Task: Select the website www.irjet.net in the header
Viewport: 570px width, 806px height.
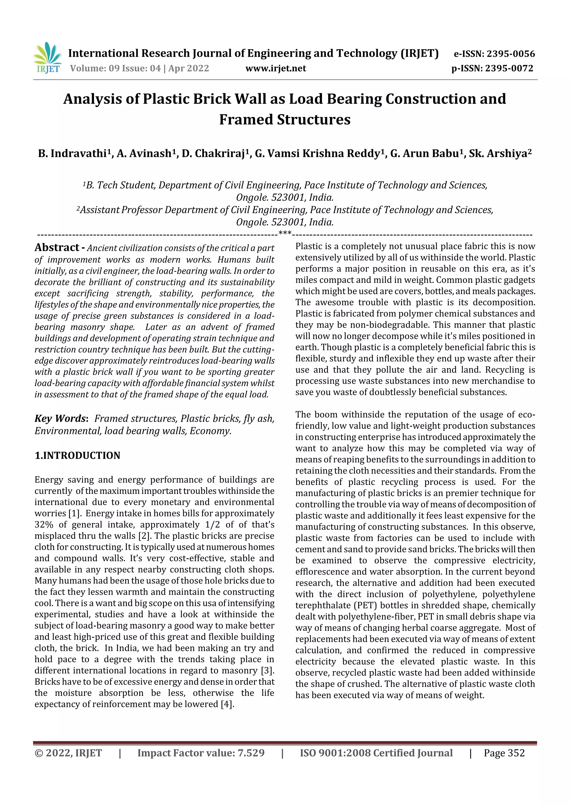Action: [276, 68]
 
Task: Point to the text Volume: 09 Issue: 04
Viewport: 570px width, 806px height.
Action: [115, 68]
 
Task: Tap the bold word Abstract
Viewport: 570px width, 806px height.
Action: [57, 248]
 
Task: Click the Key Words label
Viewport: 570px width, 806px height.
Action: [60, 418]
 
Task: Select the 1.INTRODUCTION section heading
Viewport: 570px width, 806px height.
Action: [77, 455]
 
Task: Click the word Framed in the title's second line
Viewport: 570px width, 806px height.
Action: [247, 119]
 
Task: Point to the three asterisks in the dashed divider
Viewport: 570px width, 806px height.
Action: [285, 233]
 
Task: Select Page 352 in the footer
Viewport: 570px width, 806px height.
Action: [504, 753]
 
